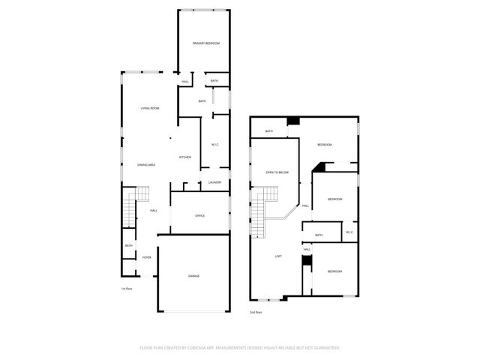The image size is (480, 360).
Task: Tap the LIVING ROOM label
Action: (x=150, y=109)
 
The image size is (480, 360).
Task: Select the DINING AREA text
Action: (x=146, y=164)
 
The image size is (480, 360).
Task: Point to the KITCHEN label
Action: (x=184, y=157)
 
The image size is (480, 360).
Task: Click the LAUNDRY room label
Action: (x=214, y=182)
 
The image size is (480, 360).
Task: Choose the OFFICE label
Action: (x=199, y=216)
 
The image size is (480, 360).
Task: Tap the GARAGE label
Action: (x=193, y=276)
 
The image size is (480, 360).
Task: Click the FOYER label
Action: (x=146, y=257)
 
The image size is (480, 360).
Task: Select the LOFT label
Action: (x=278, y=256)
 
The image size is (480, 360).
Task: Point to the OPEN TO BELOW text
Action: (x=277, y=172)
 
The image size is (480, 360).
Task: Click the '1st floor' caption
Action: (x=127, y=288)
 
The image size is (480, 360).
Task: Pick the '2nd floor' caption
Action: (x=256, y=311)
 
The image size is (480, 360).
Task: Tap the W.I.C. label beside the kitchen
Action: (x=214, y=145)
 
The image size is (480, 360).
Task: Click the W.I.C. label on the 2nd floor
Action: (x=349, y=232)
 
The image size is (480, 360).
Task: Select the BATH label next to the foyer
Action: (x=128, y=246)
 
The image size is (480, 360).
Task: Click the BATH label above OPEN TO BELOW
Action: (x=268, y=131)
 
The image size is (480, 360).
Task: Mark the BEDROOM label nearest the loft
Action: (x=334, y=271)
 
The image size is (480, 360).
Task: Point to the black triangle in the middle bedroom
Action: (x=318, y=168)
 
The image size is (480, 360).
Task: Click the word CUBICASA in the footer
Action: (x=202, y=348)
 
